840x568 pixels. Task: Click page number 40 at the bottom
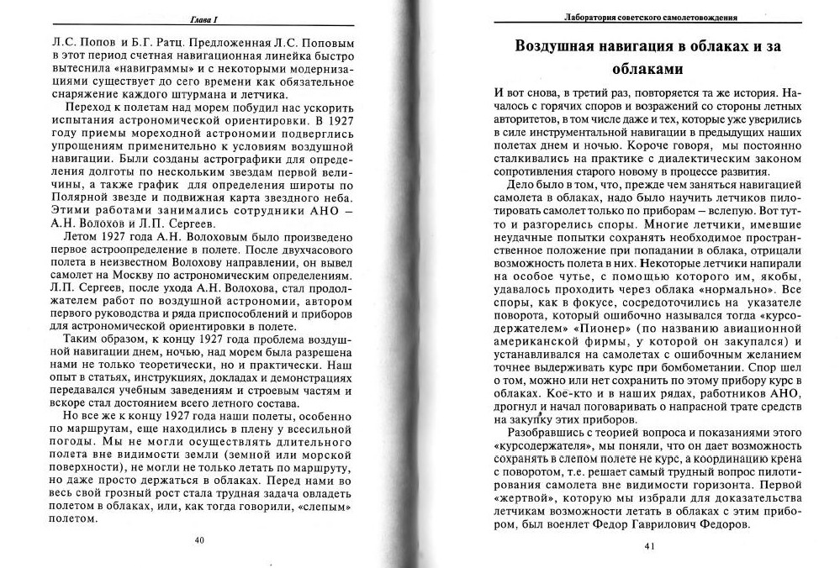[x=199, y=539]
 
